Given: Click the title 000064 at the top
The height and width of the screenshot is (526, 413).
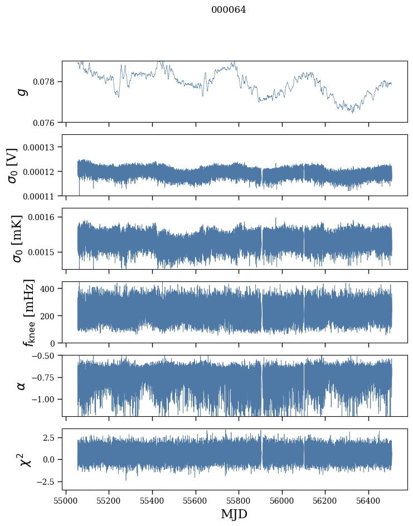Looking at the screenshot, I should (229, 9).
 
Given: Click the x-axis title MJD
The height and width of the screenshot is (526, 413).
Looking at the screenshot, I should (234, 514).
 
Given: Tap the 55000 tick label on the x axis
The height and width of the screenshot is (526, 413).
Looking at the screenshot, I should (66, 500).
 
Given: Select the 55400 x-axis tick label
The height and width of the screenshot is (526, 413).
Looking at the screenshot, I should (152, 500).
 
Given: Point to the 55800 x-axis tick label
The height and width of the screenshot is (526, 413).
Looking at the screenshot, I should (239, 500).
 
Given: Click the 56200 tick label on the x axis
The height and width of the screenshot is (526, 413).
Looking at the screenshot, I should (325, 500).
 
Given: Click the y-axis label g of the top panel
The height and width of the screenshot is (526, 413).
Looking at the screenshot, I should (22, 91).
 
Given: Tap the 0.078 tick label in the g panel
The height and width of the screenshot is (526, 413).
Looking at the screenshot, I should (47, 82).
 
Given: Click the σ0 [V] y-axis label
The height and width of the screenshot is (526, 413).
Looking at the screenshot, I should (12, 165).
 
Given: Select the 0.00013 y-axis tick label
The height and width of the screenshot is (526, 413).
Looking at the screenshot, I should (42, 147).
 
